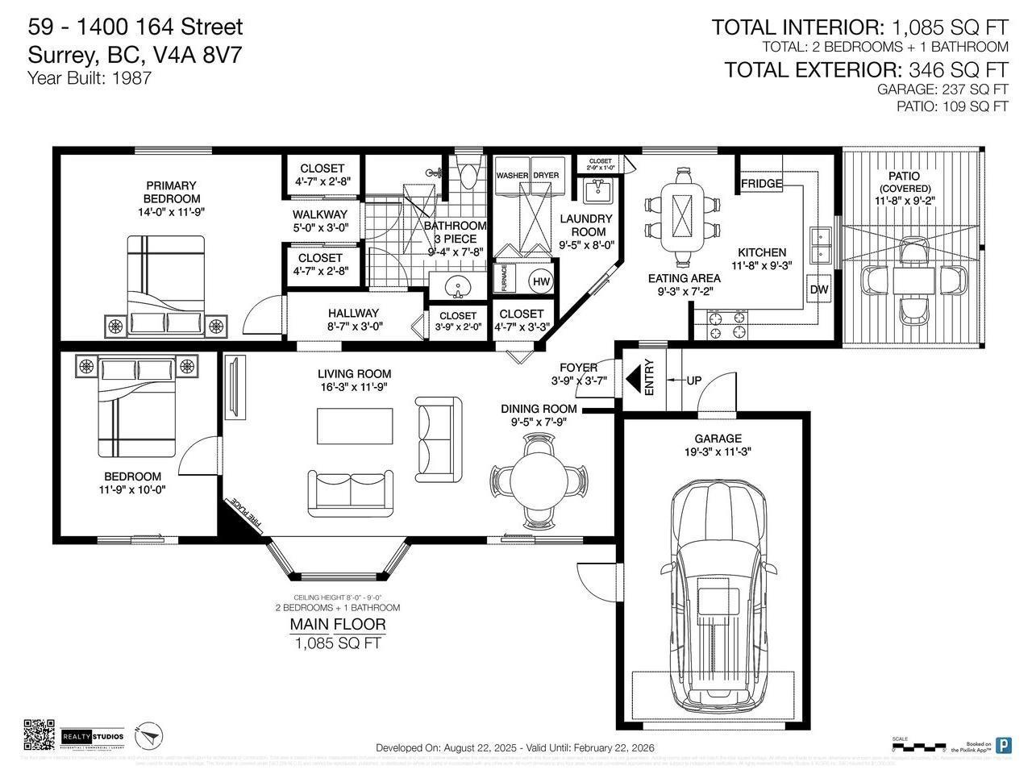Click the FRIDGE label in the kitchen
(762, 184)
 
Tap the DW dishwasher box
(818, 289)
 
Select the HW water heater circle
(541, 281)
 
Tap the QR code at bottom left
(40, 734)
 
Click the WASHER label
(512, 176)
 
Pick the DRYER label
(546, 176)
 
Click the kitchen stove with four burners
(726, 326)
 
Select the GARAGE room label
(718, 439)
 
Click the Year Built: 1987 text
(89, 78)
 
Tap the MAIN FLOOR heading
(338, 624)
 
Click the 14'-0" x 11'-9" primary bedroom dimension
(171, 213)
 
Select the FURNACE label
(505, 278)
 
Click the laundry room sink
(597, 190)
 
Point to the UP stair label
(693, 380)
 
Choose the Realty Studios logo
(94, 736)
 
